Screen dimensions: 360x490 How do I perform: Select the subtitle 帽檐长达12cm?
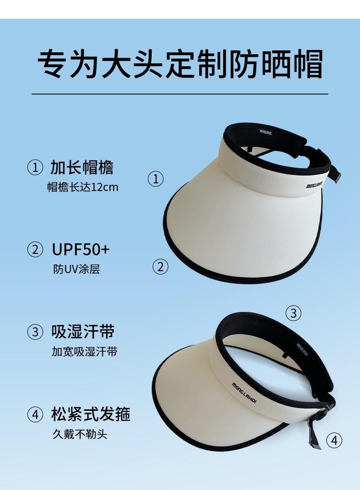[83, 187]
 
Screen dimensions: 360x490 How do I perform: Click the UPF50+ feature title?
[81, 250]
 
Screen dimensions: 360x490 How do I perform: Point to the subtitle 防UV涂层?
[76, 269]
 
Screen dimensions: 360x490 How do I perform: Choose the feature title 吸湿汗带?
[83, 332]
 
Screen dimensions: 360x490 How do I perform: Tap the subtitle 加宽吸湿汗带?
[84, 352]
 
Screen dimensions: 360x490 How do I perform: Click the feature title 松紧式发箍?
[91, 414]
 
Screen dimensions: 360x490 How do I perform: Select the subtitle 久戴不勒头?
[80, 434]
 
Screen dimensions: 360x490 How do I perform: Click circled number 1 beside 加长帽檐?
[35, 167]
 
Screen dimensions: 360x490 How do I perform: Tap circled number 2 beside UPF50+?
[35, 250]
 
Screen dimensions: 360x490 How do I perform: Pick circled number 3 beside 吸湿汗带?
[35, 332]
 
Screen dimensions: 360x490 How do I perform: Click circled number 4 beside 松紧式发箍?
[35, 414]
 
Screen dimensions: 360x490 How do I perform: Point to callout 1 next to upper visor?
[156, 179]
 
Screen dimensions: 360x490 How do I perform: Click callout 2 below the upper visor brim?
[160, 267]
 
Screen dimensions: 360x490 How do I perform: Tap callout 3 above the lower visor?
[293, 313]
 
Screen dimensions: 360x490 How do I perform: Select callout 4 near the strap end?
[335, 441]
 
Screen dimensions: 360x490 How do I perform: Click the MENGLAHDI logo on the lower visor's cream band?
[244, 393]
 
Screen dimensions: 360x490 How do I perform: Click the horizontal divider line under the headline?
[180, 94]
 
